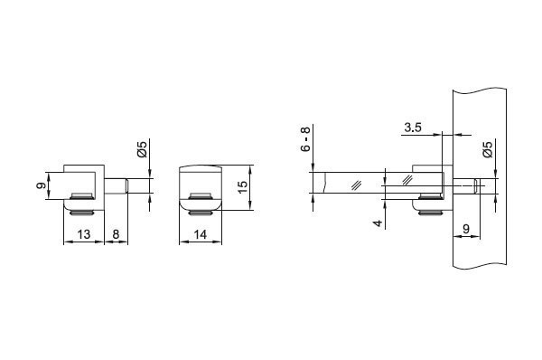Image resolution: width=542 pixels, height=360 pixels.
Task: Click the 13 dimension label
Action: coord(84,234)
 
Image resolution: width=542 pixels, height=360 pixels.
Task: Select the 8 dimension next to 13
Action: coord(116,234)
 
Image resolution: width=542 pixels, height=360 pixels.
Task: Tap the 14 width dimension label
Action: coord(201,234)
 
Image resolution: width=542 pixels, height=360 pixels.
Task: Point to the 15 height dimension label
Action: coord(243,187)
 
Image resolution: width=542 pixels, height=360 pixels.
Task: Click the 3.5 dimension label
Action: coord(413,128)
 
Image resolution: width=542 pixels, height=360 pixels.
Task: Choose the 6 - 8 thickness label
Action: coord(306,138)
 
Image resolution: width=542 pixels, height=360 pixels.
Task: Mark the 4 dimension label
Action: coord(378,223)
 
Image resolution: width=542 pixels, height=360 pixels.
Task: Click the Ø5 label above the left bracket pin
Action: coord(142,149)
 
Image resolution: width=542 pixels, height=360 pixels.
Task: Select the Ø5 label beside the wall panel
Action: coord(488,149)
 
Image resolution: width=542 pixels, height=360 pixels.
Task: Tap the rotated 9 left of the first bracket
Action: coord(42,185)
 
